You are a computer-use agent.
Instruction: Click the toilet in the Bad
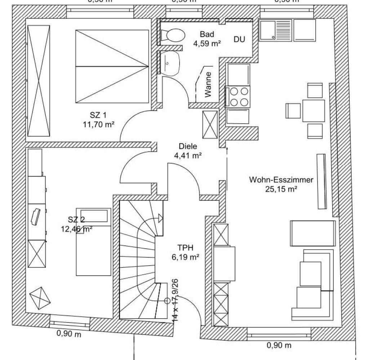(173, 35)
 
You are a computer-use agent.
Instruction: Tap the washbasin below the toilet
(170, 63)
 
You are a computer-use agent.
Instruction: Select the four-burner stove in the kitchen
(237, 96)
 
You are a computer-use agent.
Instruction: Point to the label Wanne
(208, 85)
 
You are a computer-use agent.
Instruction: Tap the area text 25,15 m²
(281, 188)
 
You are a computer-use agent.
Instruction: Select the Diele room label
(188, 146)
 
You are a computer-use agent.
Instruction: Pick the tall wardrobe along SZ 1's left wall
(38, 81)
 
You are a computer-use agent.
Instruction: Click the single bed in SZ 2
(93, 241)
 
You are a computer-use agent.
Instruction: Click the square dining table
(314, 111)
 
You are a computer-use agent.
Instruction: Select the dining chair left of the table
(293, 111)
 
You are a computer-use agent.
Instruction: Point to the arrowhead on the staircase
(160, 218)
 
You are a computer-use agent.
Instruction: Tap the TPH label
(186, 248)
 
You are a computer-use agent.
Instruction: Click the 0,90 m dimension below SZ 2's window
(69, 334)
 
